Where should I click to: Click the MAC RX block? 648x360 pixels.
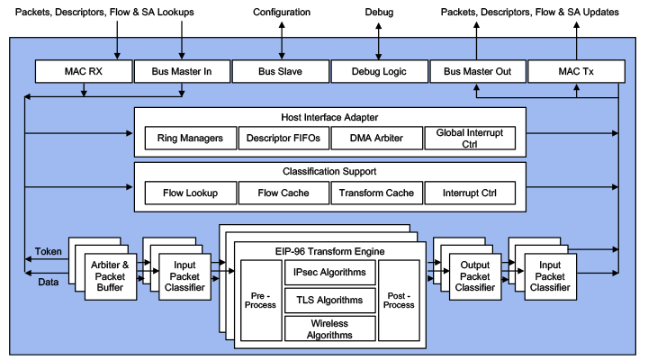click(84, 70)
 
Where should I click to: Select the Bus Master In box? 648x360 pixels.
click(182, 70)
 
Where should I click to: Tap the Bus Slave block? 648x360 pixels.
click(280, 70)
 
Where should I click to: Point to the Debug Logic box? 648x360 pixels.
click(378, 70)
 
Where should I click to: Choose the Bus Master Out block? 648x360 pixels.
click(477, 70)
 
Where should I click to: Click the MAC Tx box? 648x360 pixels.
click(575, 70)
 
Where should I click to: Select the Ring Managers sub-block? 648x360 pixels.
click(190, 138)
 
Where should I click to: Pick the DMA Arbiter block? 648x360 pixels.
click(375, 138)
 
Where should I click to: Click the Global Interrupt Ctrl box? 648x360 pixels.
click(469, 138)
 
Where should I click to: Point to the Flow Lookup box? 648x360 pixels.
click(190, 193)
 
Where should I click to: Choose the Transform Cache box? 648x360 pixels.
click(375, 193)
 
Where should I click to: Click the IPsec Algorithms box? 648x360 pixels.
click(329, 272)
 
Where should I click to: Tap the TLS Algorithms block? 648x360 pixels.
click(329, 300)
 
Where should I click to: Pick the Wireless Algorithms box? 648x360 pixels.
click(329, 328)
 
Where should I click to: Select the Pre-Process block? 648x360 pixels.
click(261, 300)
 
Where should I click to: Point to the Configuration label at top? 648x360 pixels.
click(281, 13)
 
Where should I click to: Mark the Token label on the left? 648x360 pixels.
click(49, 251)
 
